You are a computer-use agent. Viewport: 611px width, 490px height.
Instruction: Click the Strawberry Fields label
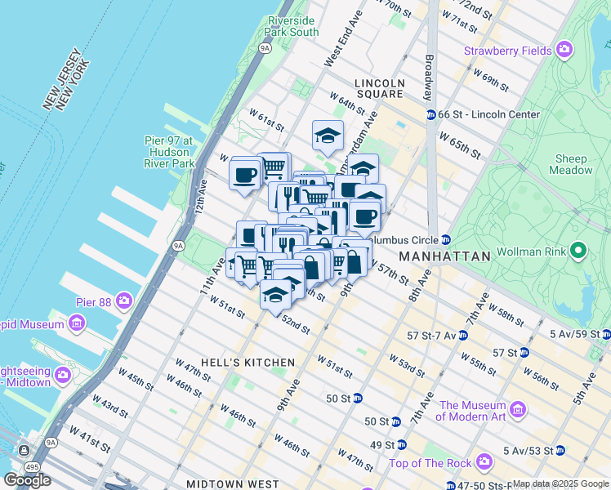508,51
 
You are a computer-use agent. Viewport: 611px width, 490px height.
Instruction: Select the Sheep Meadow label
573,164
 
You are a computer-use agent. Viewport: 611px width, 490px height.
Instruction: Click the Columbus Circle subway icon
446,240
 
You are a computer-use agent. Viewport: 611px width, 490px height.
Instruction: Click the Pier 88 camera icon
123,300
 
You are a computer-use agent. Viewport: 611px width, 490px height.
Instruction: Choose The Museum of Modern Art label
473,411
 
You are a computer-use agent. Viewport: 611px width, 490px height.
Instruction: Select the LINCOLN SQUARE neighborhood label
380,88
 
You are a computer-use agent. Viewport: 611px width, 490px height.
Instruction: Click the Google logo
28,479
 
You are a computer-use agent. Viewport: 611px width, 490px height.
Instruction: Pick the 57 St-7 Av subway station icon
462,335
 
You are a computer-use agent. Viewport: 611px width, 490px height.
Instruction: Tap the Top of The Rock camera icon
484,462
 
